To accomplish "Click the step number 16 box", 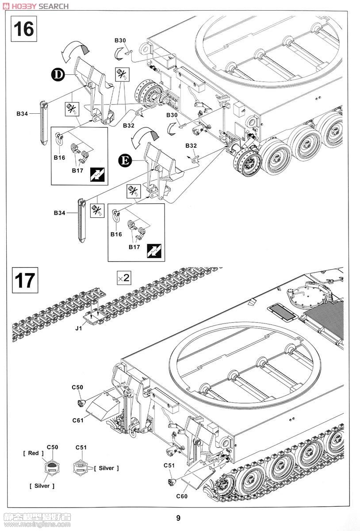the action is (24, 29).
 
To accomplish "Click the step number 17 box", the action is (25, 280).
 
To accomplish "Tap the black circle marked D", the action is (57, 75).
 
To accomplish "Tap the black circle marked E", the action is (125, 161).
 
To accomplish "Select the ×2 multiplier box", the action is (124, 277).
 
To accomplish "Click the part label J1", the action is (78, 328).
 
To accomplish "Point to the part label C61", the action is (78, 420).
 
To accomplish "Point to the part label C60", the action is (182, 496).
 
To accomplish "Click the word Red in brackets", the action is (33, 453).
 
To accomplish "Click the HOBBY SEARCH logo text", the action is (35, 6).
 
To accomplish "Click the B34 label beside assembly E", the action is (60, 213).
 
